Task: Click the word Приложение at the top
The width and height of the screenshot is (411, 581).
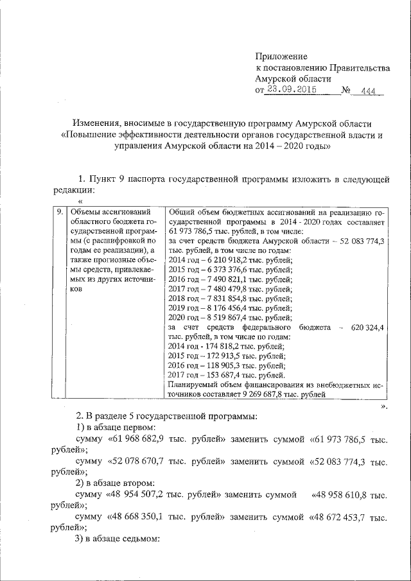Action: [x=281, y=57]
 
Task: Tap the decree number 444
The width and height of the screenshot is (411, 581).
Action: [x=368, y=91]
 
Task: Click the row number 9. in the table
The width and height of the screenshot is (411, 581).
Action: [x=59, y=211]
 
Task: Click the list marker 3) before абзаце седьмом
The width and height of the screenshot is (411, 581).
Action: [x=80, y=539]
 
